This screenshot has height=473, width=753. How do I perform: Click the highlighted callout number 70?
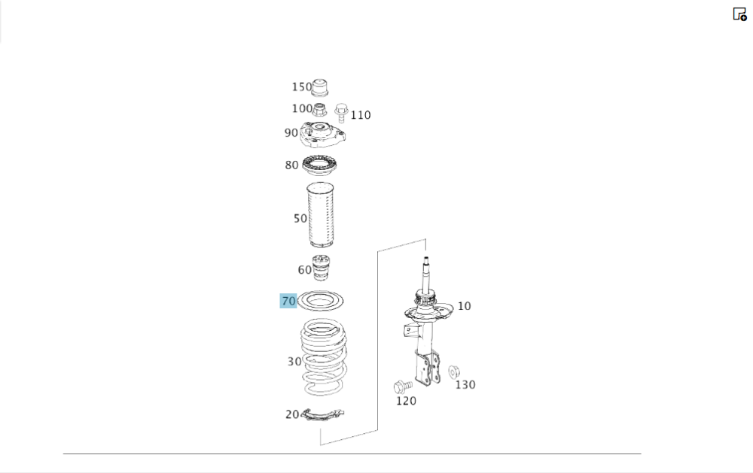(x=288, y=302)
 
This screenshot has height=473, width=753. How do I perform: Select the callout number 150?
(x=302, y=86)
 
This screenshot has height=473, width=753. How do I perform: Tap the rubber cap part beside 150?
(x=320, y=87)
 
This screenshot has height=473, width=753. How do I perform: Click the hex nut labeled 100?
(x=319, y=110)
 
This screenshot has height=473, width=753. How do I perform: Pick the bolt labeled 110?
(x=341, y=113)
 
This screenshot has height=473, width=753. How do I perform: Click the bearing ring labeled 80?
(x=319, y=165)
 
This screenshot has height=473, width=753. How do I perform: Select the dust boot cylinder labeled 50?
(x=320, y=215)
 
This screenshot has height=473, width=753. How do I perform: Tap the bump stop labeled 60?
(x=322, y=268)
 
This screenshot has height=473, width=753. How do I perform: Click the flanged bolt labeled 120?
(x=402, y=387)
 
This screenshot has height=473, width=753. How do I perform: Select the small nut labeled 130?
(x=454, y=371)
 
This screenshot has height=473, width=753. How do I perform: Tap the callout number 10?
(x=464, y=306)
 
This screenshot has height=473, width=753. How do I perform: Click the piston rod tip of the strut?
(x=425, y=259)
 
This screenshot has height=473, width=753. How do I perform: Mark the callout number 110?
(x=360, y=115)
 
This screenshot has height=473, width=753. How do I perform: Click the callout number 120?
(x=406, y=401)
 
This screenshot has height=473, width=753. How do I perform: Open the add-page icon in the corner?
(x=739, y=14)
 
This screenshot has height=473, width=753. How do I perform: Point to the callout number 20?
(x=292, y=414)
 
